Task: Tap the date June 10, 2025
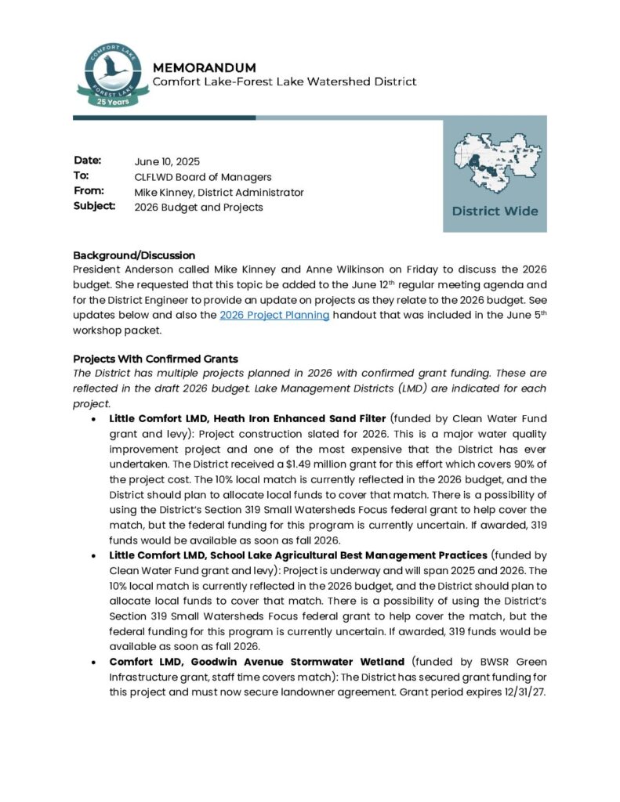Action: [x=167, y=162]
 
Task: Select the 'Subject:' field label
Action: [x=95, y=207]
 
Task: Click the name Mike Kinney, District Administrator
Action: [x=219, y=192]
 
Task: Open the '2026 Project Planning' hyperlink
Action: [x=274, y=315]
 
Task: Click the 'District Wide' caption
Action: [x=495, y=211]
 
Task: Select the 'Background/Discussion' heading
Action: [x=134, y=255]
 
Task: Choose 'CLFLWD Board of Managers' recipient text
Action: [x=203, y=177]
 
